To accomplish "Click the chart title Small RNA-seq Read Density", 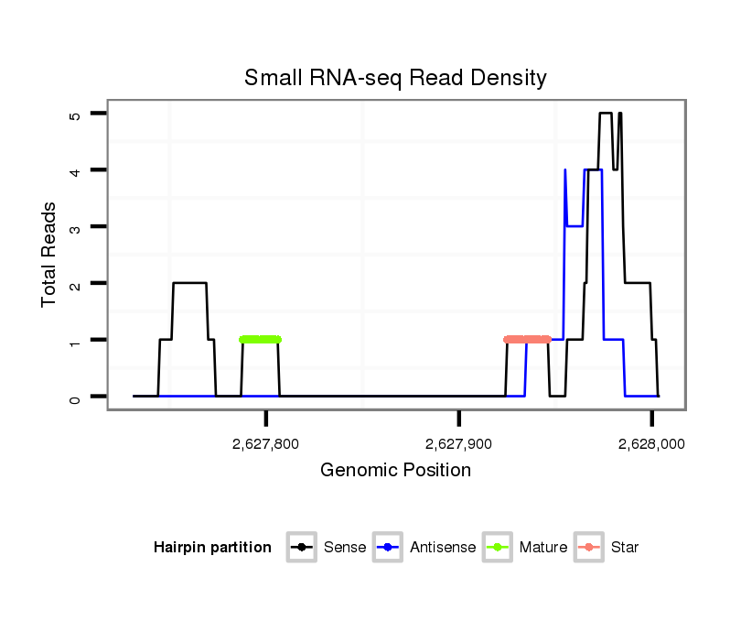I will (x=395, y=79).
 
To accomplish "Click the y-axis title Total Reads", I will (x=50, y=255).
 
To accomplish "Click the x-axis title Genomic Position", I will (x=395, y=471).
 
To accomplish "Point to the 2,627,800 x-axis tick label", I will (x=265, y=444).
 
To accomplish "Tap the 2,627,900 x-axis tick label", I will (x=459, y=444).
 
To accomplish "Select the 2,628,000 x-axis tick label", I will (x=651, y=444).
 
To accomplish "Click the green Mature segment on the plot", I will (x=260, y=340).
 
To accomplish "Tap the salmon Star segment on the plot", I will (x=528, y=340).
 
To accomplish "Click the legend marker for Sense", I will (x=301, y=548).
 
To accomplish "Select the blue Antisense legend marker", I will (x=389, y=548).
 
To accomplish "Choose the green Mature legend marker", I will (x=499, y=548).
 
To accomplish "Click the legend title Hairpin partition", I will (x=212, y=548).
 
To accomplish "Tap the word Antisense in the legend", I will (x=443, y=548).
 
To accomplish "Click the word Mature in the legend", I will (x=543, y=548).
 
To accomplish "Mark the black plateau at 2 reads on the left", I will (x=189, y=283).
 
